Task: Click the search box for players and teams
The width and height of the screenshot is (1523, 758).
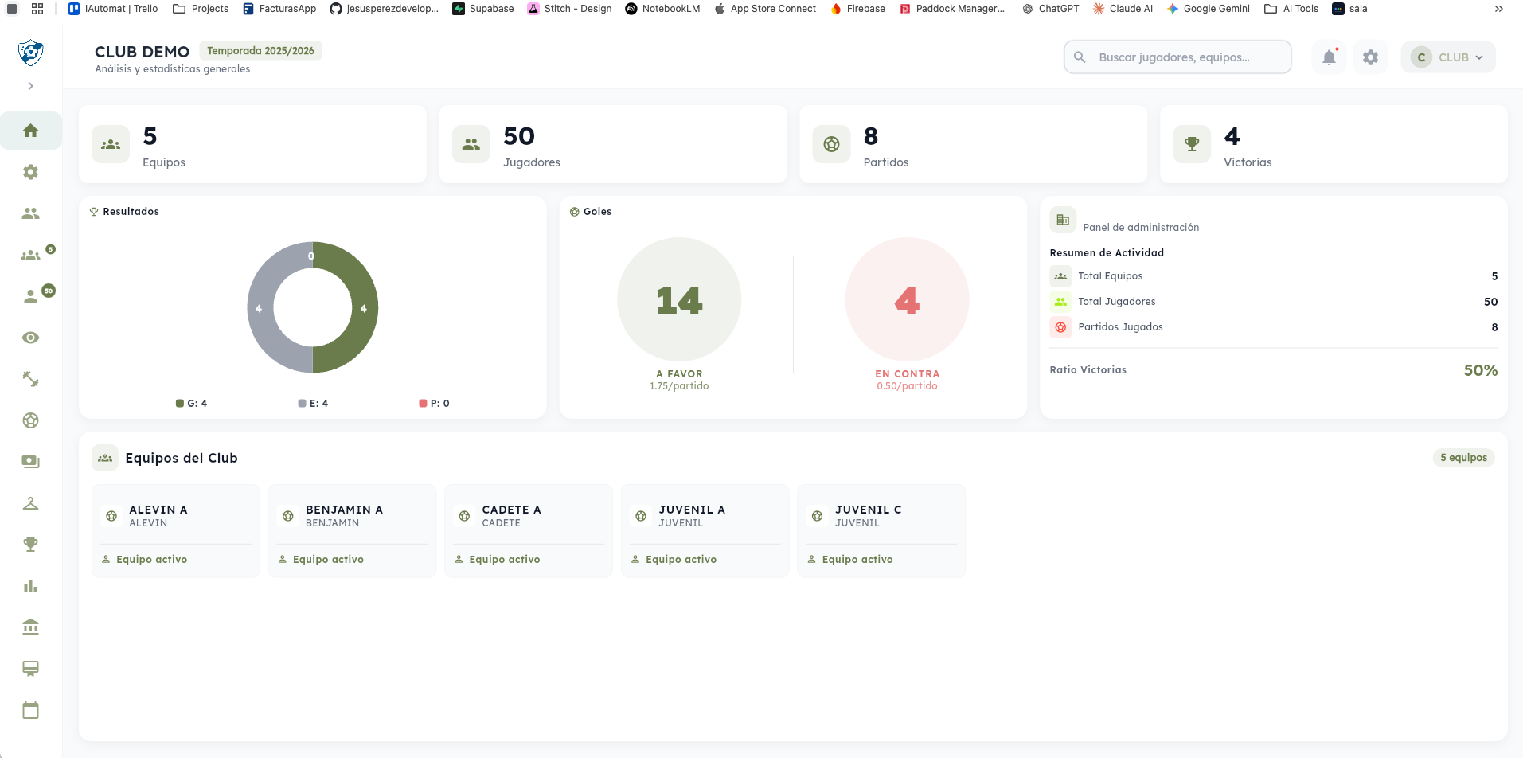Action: coord(1177,57)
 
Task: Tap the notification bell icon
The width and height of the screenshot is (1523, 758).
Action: coord(1329,57)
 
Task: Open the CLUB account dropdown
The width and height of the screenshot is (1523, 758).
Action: coord(1447,57)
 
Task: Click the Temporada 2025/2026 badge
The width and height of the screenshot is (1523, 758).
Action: coord(260,51)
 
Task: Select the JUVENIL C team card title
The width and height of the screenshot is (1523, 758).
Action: coord(868,510)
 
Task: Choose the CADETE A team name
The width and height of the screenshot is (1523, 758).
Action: coord(511,510)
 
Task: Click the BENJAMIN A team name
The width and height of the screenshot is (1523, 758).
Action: coord(344,510)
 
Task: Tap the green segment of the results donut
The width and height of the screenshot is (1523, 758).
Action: coord(362,308)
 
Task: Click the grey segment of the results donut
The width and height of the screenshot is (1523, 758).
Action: coord(260,308)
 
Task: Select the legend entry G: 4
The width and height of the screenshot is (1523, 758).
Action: coord(192,404)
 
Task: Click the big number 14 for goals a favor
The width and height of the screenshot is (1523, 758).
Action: coord(679,300)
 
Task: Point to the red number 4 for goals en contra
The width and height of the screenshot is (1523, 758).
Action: coord(907,300)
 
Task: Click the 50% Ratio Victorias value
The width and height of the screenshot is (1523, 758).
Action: coord(1480,370)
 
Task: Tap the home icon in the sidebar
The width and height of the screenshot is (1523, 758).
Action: coord(31,131)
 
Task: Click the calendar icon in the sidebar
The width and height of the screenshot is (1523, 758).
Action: coord(31,710)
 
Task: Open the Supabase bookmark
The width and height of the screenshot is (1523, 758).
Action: coord(483,9)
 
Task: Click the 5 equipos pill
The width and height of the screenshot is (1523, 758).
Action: coord(1463,458)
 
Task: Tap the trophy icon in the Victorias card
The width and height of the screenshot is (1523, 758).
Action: coord(1192,144)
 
